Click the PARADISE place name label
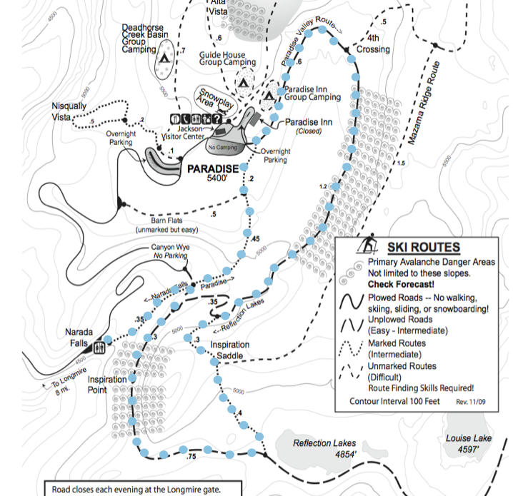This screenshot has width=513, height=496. coord(211,169)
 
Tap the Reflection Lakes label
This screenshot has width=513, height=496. coord(324,444)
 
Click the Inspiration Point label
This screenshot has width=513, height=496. coord(107,385)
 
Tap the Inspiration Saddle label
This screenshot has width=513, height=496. coord(230,350)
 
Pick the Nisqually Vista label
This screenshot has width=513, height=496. coord(69,111)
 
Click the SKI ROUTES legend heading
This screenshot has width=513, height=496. coord(424,248)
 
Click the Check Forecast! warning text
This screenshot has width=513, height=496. coord(397,283)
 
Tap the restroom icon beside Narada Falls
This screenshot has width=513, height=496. coord(100,347)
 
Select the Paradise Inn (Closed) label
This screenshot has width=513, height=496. coord(309,126)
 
